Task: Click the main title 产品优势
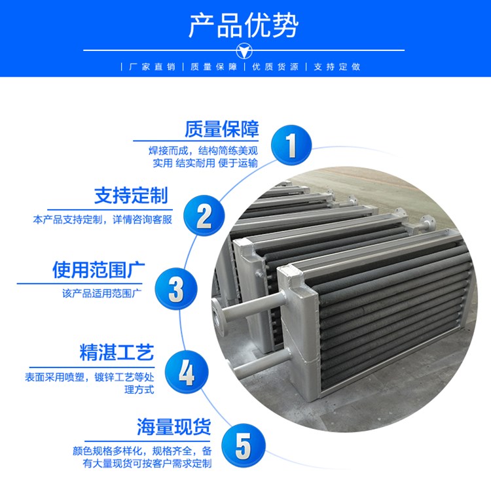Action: pos(244,26)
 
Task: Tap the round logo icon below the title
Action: pos(244,51)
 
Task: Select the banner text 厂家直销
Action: pos(152,67)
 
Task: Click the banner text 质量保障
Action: pos(214,67)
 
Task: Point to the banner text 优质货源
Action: pos(276,67)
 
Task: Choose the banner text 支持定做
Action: pos(337,67)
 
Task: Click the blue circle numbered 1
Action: pos(291,145)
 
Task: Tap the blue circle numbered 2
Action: pos(204,215)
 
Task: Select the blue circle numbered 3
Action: pos(176,288)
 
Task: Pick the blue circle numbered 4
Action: pos(187,371)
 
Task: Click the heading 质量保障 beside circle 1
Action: pos(222,129)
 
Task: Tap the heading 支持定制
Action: pos(131,196)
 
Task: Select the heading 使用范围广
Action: pos(99,270)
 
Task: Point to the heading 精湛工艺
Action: pos(117,352)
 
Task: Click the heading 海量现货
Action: pos(174,426)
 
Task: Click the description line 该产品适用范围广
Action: pos(102,293)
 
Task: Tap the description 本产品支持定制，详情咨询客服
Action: pos(102,220)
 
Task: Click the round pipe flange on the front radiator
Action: pos(219,317)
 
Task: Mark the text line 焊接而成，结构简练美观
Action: pos(203,150)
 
